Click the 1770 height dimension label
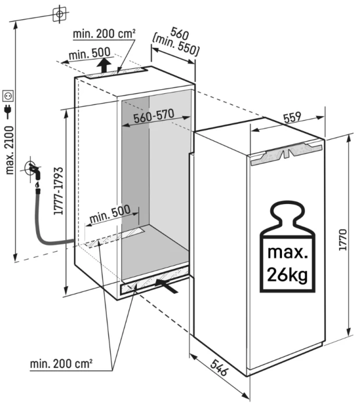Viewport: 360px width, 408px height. pyautogui.click(x=343, y=240)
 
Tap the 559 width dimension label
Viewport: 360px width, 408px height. pyautogui.click(x=292, y=118)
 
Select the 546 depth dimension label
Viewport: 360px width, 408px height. pyautogui.click(x=219, y=368)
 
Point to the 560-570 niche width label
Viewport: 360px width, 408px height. pyautogui.click(x=154, y=116)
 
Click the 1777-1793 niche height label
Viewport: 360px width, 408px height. pyautogui.click(x=58, y=191)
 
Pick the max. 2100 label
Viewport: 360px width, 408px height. pyautogui.click(x=9, y=150)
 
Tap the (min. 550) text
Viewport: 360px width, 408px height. pyautogui.click(x=176, y=45)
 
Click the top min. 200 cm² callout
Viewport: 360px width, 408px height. pyautogui.click(x=104, y=34)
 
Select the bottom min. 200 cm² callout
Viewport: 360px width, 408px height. pyautogui.click(x=61, y=364)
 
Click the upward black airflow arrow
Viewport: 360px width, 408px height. pyautogui.click(x=104, y=65)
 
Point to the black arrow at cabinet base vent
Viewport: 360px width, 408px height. pyautogui.click(x=166, y=285)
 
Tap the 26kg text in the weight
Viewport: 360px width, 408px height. pyautogui.click(x=287, y=275)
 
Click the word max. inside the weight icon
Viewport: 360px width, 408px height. pyautogui.click(x=287, y=252)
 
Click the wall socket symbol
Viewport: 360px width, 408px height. pyautogui.click(x=8, y=96)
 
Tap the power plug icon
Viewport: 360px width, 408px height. pyautogui.click(x=8, y=112)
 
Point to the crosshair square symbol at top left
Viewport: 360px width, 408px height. pyautogui.click(x=59, y=14)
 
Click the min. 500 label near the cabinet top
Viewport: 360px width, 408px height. pyautogui.click(x=90, y=54)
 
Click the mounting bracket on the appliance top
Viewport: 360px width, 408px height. pyautogui.click(x=286, y=154)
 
